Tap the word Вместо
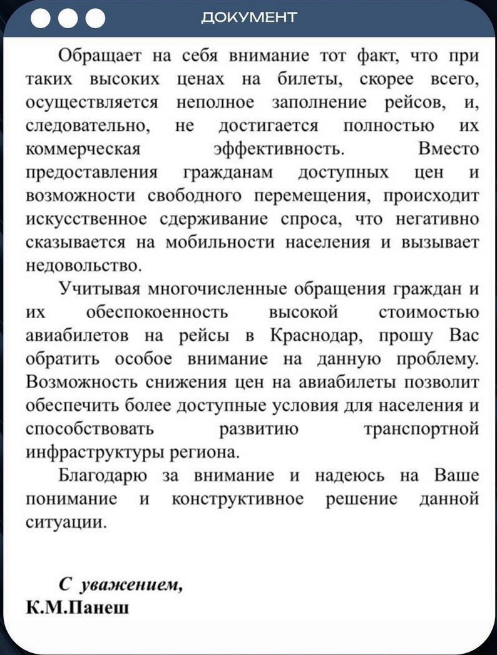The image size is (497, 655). coord(448,150)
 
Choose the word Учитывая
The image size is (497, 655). coord(98,289)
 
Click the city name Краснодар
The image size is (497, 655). coord(317,335)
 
